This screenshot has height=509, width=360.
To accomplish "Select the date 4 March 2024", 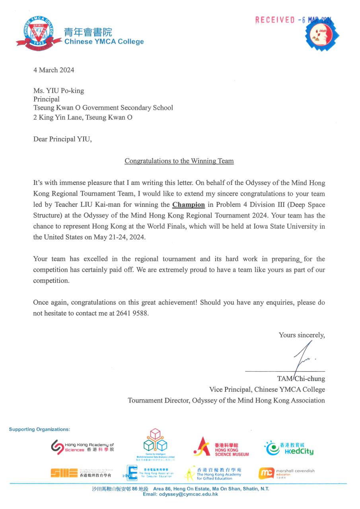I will pos(54,70).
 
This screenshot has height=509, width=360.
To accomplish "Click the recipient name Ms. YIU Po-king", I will pos(58,91).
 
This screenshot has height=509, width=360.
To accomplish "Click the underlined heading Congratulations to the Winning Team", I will pos(179,161).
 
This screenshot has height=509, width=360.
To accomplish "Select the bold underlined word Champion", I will pos(189,205).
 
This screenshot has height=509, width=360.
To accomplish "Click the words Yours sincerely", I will pos(302,335).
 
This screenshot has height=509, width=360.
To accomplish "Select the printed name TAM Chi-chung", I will pos(301,379).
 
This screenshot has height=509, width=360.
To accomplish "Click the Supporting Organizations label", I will pos(39,429).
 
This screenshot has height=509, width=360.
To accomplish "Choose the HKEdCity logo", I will pos(290,448).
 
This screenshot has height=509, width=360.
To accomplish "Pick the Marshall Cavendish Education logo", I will pos(287,473).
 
